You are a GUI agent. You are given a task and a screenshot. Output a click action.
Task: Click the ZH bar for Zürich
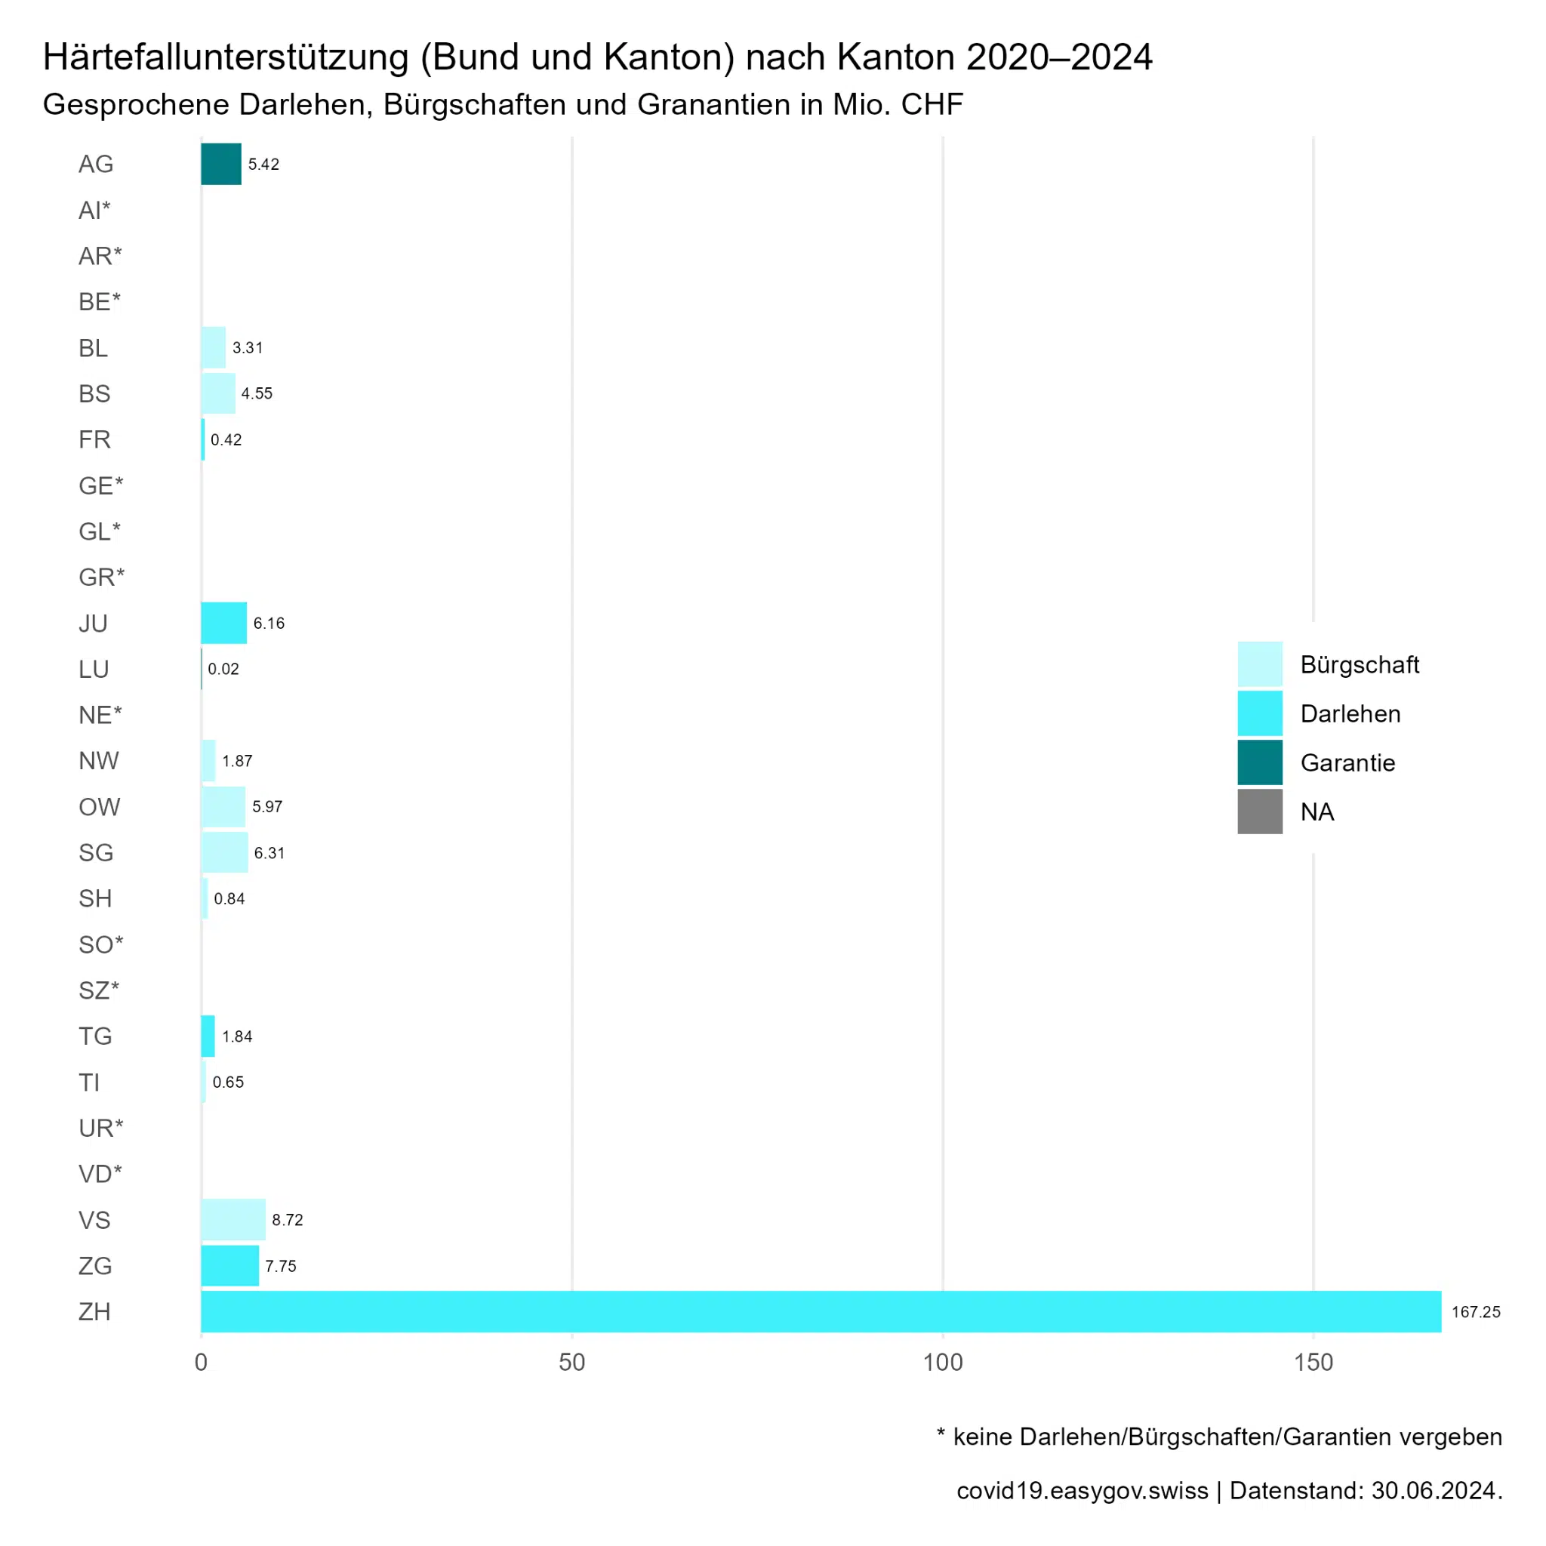pos(821,1310)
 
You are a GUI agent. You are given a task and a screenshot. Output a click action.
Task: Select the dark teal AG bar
pos(221,164)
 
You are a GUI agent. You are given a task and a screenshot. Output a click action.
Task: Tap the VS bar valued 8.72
pos(233,1220)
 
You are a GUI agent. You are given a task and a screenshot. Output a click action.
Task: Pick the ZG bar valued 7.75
pos(229,1265)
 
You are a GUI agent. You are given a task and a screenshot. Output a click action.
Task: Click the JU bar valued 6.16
pos(224,623)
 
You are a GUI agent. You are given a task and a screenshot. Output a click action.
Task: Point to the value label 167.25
pos(1476,1311)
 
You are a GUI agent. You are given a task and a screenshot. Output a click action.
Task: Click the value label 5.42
pos(263,164)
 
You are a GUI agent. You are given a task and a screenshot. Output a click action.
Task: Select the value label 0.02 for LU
pos(223,669)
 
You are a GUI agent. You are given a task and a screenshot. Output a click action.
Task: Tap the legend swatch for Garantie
pos(1260,762)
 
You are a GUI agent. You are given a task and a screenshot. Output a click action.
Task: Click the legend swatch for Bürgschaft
pos(1260,664)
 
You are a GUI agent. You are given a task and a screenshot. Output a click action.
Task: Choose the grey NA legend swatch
pos(1260,811)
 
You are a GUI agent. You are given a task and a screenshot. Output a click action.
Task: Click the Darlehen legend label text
pos(1350,714)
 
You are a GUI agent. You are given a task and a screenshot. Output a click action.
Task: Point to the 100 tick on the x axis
pos(943,1362)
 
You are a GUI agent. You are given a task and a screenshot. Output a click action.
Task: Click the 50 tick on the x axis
pos(572,1362)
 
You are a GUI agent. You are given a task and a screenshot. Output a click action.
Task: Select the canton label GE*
pos(101,485)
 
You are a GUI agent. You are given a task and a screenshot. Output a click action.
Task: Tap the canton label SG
pos(96,852)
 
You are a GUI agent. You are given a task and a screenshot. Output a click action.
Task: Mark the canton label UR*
pos(101,1129)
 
